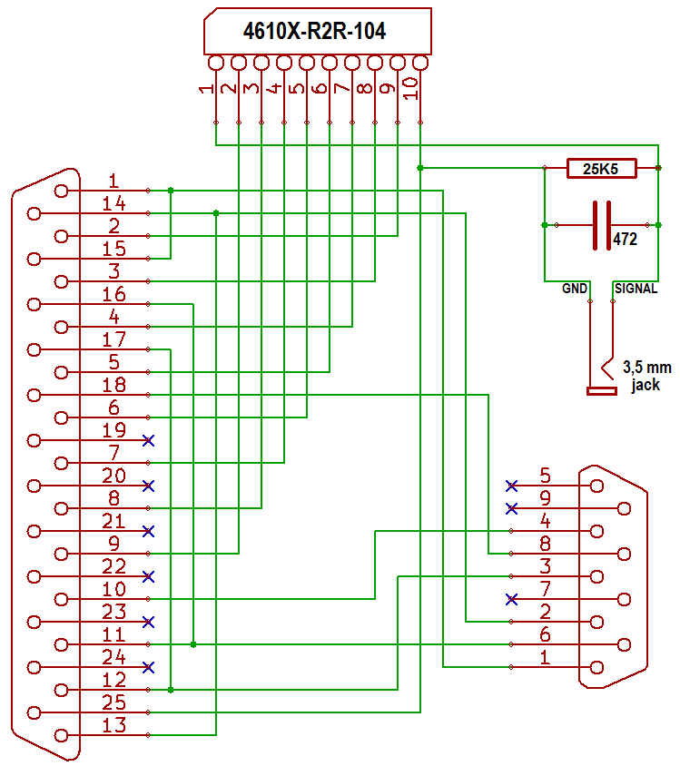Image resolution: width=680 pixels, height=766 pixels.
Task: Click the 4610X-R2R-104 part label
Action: [x=314, y=32]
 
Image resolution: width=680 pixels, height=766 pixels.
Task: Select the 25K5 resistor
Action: [x=600, y=168]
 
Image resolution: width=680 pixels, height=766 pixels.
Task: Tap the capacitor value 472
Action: [x=625, y=241]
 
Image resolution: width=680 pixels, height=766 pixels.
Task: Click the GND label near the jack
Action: [x=575, y=289]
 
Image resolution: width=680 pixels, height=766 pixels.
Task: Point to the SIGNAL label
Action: [x=636, y=289]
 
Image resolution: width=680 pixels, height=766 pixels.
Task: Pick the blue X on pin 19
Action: [x=149, y=440]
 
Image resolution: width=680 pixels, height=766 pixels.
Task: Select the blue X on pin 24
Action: [x=149, y=667]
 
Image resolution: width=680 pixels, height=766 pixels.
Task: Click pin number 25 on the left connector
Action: [x=113, y=702]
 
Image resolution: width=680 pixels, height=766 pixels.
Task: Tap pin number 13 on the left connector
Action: [x=113, y=725]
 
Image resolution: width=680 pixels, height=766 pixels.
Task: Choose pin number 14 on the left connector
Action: [x=113, y=202]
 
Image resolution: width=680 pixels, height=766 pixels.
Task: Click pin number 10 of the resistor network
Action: [x=410, y=87]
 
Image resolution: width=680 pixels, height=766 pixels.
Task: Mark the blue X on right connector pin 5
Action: [x=512, y=486]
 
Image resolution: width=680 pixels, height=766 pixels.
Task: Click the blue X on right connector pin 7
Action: [x=512, y=599]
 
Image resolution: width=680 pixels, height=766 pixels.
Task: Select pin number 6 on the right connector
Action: [x=545, y=633]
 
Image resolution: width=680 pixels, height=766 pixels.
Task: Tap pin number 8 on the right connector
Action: [x=545, y=543]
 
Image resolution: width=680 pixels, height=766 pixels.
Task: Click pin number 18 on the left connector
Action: [x=113, y=384]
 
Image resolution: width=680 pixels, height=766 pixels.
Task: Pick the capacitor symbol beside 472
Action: [x=600, y=225]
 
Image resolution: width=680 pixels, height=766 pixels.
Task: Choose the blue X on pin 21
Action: [x=149, y=531]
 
